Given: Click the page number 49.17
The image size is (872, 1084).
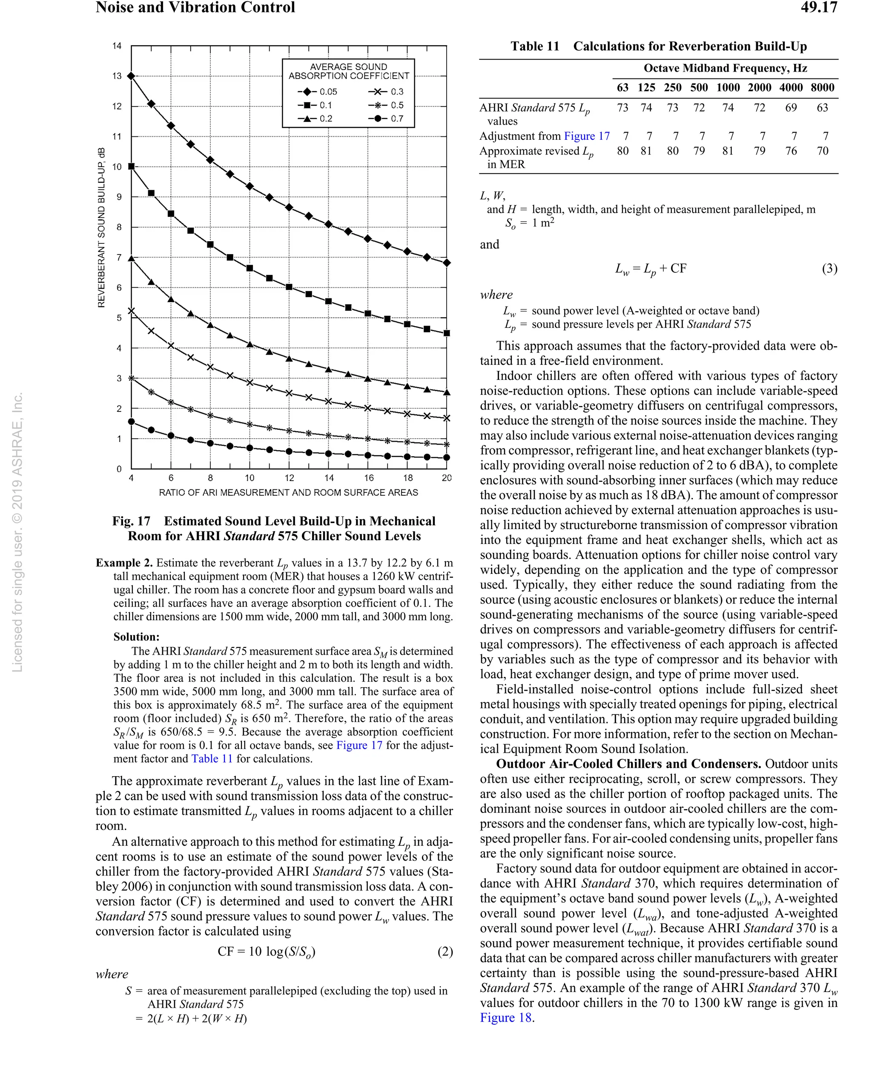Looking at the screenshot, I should coord(818,8).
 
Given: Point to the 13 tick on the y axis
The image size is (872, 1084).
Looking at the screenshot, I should coord(117,76).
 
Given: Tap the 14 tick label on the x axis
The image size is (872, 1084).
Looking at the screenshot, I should coord(329,478).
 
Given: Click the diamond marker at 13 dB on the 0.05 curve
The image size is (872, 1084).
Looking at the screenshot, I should coord(132,76).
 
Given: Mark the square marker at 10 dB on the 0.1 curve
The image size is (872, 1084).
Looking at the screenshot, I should coord(132,166).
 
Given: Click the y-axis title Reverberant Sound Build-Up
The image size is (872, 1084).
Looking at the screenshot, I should coord(101,227).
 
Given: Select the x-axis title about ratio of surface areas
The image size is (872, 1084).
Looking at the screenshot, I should coord(288,493).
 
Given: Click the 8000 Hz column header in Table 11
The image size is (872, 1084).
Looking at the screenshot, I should coord(822,87).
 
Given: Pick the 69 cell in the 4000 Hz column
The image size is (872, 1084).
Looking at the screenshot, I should coord(791,107).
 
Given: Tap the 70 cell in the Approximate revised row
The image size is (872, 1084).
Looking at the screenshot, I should coord(822,151).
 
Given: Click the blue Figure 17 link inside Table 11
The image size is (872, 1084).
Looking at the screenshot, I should coord(586,136).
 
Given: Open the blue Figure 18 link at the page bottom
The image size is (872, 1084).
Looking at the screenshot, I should coord(505,1018).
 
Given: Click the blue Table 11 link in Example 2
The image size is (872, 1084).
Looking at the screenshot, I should coord(212,759).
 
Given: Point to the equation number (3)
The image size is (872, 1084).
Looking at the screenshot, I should coord(829,269).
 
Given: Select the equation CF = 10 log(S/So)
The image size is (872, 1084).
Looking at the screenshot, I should coord(266,951).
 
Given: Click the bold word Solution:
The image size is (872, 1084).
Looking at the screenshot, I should coord(136,636).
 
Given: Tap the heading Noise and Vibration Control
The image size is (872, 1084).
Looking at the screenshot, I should coord(195,8).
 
